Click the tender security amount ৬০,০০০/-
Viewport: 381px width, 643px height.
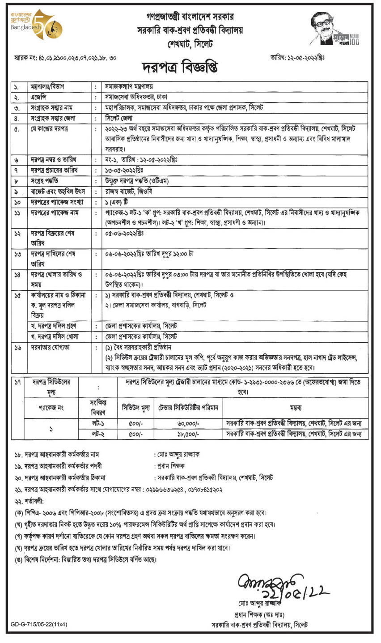click(187, 423)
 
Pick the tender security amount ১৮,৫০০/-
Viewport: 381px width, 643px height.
click(187, 434)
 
